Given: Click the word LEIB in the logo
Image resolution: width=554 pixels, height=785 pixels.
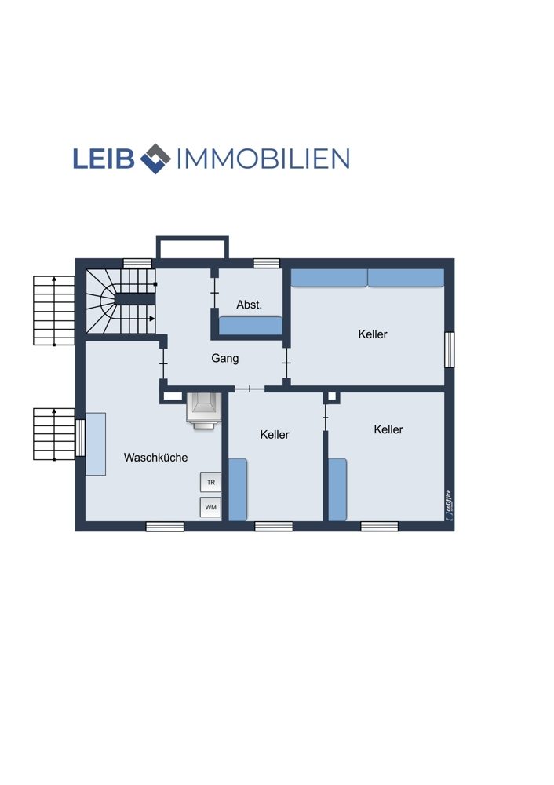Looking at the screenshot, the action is [x=104, y=159].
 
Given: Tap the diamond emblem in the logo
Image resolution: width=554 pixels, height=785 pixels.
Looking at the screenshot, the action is [x=155, y=159].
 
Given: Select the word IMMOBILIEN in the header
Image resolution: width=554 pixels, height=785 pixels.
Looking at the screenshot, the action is [x=263, y=159].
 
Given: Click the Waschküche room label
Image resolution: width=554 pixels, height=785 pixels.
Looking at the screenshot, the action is [x=155, y=457].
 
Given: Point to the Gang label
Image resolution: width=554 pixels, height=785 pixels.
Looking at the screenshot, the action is [x=224, y=359].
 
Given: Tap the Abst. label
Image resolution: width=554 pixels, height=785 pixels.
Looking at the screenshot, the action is [x=250, y=305].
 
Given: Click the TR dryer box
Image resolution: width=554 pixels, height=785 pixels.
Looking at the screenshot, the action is [x=210, y=483].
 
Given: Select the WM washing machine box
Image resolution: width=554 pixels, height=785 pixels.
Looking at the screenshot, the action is [x=210, y=507].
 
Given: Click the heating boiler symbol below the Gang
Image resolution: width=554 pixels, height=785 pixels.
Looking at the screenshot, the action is [x=203, y=411].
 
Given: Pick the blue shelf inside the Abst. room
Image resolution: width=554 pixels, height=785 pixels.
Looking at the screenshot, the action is [x=251, y=326].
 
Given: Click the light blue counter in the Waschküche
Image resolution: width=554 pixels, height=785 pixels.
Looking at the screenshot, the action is [x=96, y=444].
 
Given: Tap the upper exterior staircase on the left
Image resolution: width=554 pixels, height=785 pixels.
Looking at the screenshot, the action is [x=54, y=310].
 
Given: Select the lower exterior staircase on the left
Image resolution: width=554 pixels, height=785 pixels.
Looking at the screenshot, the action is [x=54, y=434].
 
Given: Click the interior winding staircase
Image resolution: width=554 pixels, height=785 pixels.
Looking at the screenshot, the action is [x=120, y=301].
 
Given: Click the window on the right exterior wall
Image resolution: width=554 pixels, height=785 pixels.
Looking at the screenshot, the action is [x=450, y=350].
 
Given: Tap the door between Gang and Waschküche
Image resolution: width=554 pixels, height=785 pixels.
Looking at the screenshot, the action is [x=163, y=363].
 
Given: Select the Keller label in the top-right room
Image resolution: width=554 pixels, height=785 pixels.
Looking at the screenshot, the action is [x=373, y=334].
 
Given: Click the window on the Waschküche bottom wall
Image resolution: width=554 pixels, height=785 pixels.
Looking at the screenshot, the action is [x=165, y=526].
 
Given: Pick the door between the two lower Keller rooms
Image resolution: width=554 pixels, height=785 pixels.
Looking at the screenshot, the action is [x=326, y=417].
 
